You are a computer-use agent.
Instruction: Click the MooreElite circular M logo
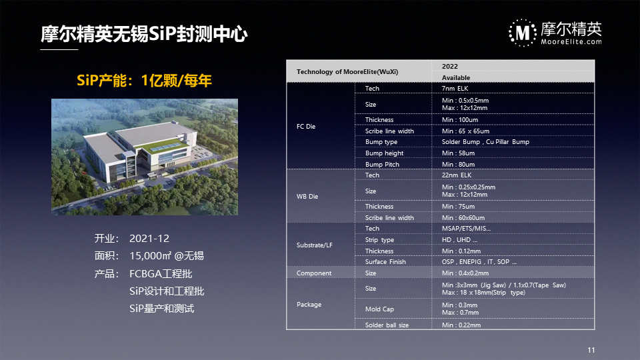point(523,33)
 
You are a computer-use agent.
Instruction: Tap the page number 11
point(591,350)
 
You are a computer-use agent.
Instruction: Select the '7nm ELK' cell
point(455,88)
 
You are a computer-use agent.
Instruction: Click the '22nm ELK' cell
point(456,175)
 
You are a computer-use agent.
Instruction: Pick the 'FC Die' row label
point(306,127)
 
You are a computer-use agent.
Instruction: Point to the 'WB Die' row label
point(307,196)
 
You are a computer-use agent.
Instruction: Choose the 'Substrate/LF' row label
point(314,245)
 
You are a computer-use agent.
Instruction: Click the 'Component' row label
point(314,273)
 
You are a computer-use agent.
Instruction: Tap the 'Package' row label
point(309,305)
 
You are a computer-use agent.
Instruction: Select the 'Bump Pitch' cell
point(382,165)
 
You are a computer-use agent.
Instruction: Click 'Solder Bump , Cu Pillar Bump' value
point(485,141)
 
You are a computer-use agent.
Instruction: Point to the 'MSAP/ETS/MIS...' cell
point(466,229)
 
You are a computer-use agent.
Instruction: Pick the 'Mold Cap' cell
point(379,309)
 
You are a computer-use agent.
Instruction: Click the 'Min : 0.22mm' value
point(461,325)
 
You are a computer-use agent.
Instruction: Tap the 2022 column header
point(450,67)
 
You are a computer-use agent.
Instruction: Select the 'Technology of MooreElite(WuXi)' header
point(347,72)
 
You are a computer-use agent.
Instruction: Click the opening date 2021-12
point(149,239)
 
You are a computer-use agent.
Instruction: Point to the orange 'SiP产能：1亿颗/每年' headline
point(145,81)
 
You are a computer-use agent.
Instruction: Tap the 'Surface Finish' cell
point(385,261)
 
